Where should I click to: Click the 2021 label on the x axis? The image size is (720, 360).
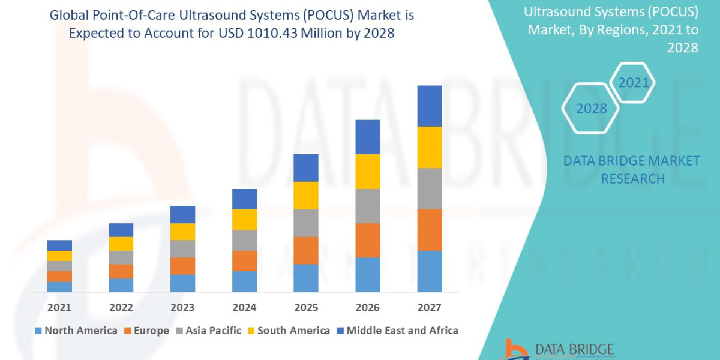tap(59, 308)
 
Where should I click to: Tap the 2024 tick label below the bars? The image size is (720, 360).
tap(244, 308)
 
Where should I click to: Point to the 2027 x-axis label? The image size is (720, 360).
tap(429, 308)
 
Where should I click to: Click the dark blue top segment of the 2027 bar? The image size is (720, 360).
tap(430, 106)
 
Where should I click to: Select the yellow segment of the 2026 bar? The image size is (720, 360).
tap(368, 172)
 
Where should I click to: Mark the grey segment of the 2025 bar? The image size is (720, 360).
tap(306, 223)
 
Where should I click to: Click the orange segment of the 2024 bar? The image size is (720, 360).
tap(244, 261)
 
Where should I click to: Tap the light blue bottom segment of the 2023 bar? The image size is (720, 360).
tap(182, 283)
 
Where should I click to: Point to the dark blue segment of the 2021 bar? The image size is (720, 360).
tap(59, 245)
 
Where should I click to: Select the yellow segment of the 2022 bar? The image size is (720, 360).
tap(121, 244)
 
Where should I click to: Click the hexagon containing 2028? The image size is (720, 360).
tap(590, 109)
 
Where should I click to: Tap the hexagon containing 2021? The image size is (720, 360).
tap(633, 83)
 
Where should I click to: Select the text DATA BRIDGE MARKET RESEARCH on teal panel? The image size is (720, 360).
tap(632, 170)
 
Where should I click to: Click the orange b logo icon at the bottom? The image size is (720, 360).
tap(515, 350)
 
